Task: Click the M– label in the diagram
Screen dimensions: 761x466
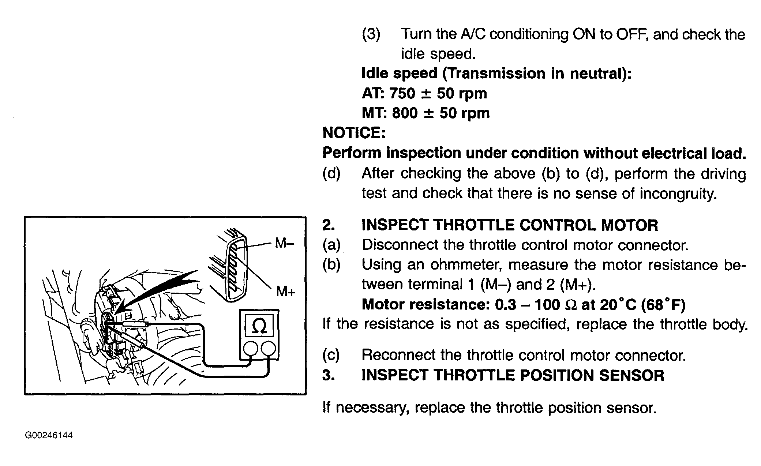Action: click(284, 243)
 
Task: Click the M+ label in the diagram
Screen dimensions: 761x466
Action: click(285, 292)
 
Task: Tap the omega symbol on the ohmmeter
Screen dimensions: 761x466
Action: click(259, 327)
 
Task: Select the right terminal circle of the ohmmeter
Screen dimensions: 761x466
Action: click(269, 348)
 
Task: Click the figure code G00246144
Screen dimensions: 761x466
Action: click(49, 435)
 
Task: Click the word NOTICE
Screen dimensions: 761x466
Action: click(354, 133)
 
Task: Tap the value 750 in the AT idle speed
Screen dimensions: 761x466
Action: click(402, 94)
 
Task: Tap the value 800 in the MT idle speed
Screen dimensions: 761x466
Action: click(405, 113)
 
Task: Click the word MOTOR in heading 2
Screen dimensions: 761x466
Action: click(629, 225)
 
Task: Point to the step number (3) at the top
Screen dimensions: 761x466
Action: click(371, 34)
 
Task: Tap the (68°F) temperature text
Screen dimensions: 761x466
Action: click(663, 304)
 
